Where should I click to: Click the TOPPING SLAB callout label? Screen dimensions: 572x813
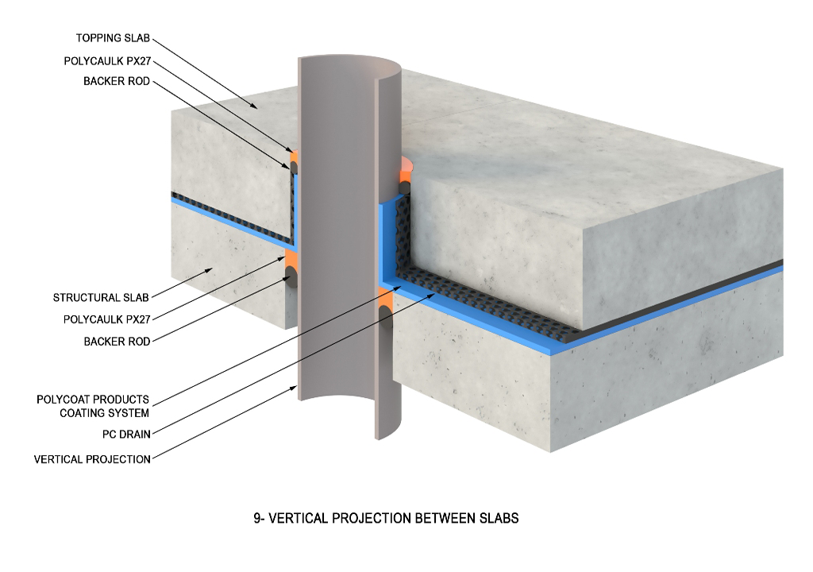(113, 38)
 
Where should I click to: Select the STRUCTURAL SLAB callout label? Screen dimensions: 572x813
(101, 298)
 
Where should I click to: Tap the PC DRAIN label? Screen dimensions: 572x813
(126, 435)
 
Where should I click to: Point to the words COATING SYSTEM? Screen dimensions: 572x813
(104, 413)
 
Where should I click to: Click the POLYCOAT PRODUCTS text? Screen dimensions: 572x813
(93, 400)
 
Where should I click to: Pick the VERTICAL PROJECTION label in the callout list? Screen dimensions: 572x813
(92, 459)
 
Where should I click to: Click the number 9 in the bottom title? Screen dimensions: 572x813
(257, 519)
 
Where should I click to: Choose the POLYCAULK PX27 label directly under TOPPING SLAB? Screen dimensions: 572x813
(106, 60)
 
